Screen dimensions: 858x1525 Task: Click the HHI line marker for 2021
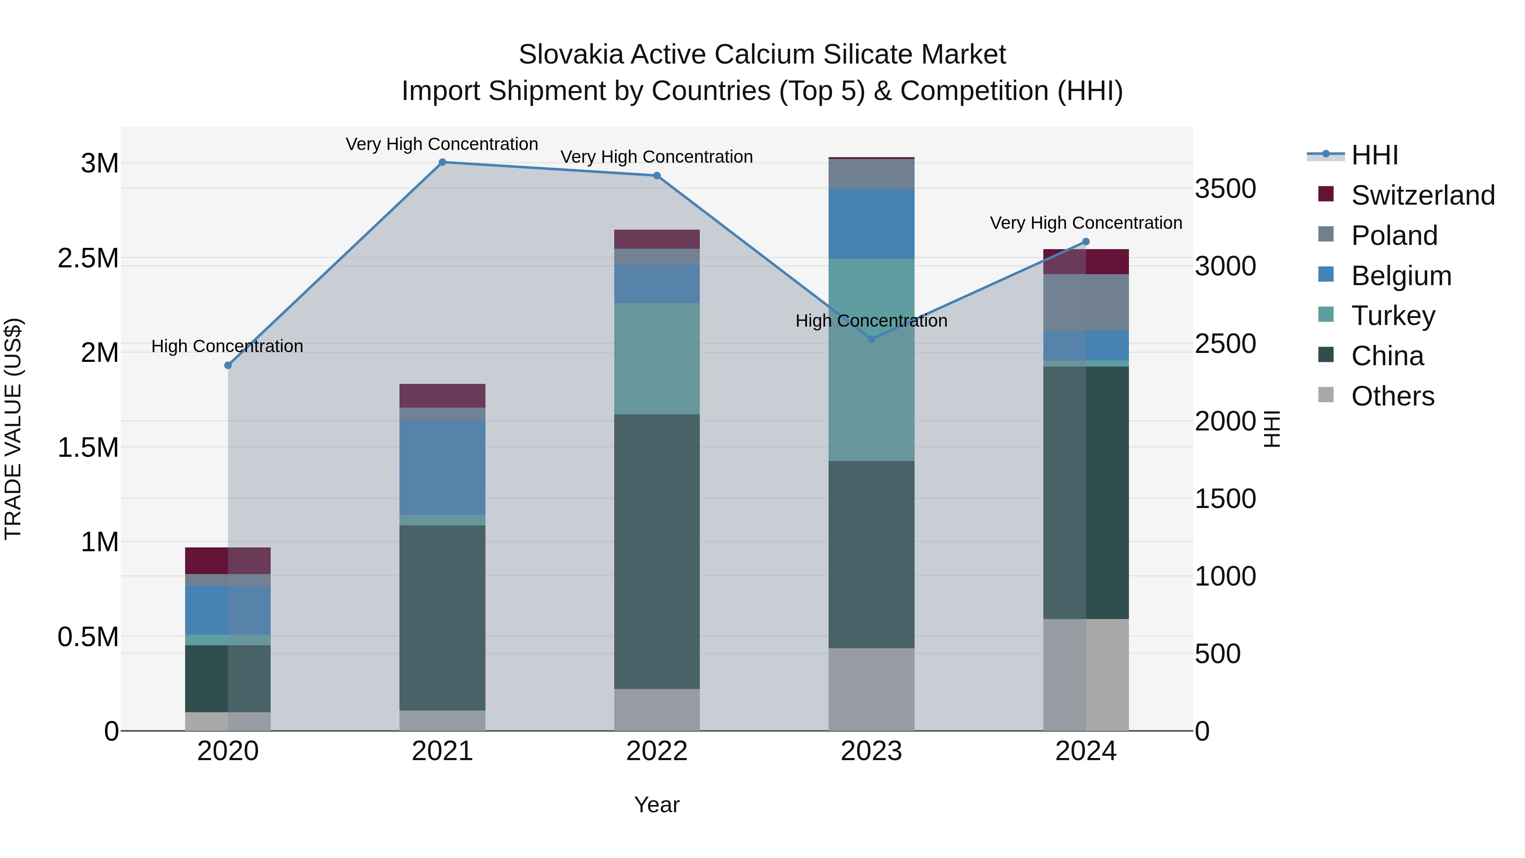point(442,162)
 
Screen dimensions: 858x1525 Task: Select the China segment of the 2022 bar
point(657,551)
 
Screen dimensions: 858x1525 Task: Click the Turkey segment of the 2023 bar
point(871,359)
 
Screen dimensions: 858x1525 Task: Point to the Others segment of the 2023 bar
point(871,689)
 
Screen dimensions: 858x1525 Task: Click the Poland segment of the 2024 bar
point(1086,302)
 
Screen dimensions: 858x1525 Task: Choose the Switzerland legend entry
point(1422,195)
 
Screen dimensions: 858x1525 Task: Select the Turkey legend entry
point(1393,316)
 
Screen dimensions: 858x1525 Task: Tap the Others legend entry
point(1392,396)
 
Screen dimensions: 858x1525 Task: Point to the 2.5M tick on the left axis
point(88,258)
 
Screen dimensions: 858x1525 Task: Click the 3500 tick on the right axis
point(1225,189)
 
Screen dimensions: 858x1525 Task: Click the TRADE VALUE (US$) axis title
point(13,429)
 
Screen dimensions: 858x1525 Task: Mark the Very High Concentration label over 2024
point(1086,223)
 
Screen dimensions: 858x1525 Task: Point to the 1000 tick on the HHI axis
point(1225,576)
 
